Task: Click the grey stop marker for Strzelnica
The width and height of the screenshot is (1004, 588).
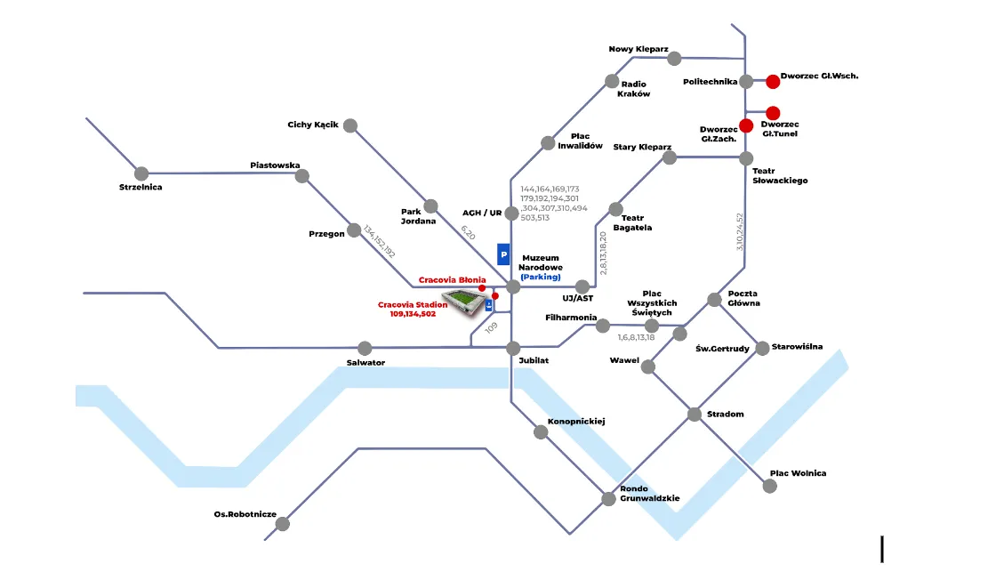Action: coord(141,173)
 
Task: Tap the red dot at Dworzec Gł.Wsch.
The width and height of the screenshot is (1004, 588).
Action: coord(773,82)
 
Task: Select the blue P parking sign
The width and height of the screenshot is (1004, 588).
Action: coord(503,254)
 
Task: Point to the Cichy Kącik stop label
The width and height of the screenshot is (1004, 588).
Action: coord(313,125)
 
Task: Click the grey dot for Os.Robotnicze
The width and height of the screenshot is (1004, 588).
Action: coord(283,524)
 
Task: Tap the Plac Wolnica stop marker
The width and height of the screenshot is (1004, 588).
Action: coord(770,487)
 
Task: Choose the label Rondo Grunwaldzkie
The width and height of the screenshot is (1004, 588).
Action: coord(650,494)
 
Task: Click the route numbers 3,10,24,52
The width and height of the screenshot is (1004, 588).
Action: coord(739,231)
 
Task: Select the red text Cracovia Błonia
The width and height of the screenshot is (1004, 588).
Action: coord(452,279)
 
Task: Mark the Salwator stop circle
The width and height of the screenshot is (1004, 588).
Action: coord(365,348)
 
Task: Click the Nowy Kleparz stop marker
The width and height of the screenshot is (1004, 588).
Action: coord(674,59)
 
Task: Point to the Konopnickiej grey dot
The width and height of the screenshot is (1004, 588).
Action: coord(541,432)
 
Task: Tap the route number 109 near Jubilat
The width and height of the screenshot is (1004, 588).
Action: coord(492,327)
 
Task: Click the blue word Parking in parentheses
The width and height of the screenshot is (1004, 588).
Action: coord(542,277)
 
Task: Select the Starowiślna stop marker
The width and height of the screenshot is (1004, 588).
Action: coord(762,348)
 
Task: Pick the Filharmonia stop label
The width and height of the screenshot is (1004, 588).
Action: coord(570,318)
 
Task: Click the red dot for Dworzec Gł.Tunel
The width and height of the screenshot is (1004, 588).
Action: coord(773,113)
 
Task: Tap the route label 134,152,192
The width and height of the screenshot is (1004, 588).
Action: coord(379,241)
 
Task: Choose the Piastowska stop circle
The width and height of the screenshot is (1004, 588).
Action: coord(302,176)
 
